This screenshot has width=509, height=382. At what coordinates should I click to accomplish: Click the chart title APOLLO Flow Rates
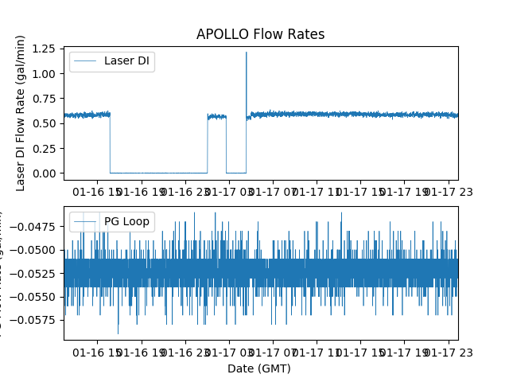(x=260, y=34)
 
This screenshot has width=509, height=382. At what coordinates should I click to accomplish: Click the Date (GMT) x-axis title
(x=259, y=368)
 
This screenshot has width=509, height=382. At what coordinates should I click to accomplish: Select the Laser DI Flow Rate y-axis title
(x=21, y=112)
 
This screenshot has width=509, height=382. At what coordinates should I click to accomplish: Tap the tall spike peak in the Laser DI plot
(x=246, y=53)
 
